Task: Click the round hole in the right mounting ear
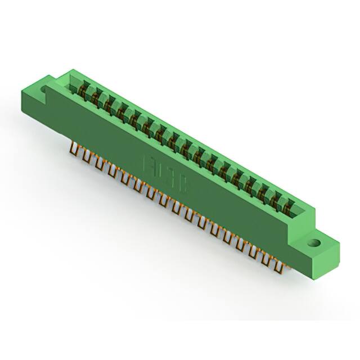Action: (x=314, y=244)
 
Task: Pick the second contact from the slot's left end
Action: (x=98, y=96)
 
